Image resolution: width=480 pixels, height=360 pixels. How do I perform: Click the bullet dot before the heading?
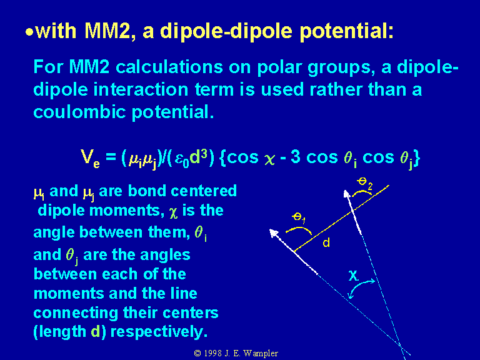(29, 32)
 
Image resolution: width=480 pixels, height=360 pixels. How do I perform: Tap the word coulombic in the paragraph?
(79, 112)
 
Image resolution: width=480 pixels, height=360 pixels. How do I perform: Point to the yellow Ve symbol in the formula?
(90, 159)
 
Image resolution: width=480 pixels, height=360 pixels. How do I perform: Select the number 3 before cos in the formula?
(296, 157)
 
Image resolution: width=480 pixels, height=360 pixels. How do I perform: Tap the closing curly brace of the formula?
(416, 159)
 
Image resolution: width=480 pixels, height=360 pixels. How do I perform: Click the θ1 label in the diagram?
(299, 217)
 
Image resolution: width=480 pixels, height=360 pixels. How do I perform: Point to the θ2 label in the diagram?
(364, 182)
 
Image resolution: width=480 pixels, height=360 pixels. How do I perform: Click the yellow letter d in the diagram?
(326, 242)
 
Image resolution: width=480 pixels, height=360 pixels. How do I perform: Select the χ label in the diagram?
(353, 275)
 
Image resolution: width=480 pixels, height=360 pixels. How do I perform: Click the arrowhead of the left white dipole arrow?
(273, 232)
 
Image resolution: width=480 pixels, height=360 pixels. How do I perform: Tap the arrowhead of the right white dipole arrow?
(346, 194)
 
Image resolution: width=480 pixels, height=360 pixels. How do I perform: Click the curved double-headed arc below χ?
(358, 286)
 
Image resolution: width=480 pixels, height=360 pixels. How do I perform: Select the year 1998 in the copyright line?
(212, 353)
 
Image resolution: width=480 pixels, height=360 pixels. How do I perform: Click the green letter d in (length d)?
(96, 332)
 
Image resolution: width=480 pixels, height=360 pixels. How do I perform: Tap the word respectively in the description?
(159, 332)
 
